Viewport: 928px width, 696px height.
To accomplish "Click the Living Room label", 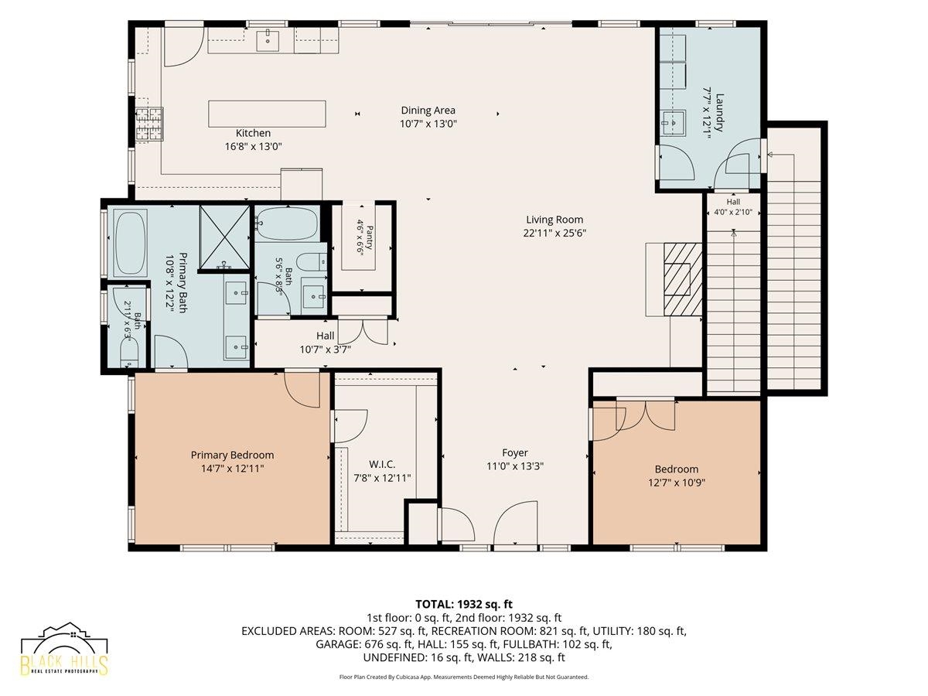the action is [554, 220].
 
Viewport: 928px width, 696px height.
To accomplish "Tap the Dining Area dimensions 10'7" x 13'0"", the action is [428, 124].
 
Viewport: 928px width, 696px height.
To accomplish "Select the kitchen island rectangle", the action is [267, 114].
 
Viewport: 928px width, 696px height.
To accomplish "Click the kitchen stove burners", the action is [149, 124].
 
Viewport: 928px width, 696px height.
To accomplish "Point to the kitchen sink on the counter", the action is [268, 41].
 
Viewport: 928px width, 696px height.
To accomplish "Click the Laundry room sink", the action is [674, 122].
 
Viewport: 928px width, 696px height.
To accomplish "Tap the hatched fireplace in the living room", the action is [682, 279].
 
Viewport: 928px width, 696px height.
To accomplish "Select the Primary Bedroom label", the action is [232, 455].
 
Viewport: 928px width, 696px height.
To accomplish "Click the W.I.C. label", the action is [382, 465].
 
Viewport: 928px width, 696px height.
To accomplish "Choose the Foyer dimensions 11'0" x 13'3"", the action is [515, 466].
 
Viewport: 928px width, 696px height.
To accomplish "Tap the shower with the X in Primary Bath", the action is [224, 237].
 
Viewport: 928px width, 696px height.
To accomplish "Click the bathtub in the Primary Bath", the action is [131, 243].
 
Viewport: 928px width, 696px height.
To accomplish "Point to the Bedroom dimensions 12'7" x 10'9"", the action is [677, 483].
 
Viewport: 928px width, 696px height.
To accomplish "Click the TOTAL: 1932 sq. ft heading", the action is [464, 604].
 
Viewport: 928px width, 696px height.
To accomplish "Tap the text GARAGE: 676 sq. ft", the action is [364, 644].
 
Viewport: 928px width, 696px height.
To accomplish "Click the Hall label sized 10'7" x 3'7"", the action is [325, 336].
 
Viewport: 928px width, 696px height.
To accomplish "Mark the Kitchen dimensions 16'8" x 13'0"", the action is [253, 147].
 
